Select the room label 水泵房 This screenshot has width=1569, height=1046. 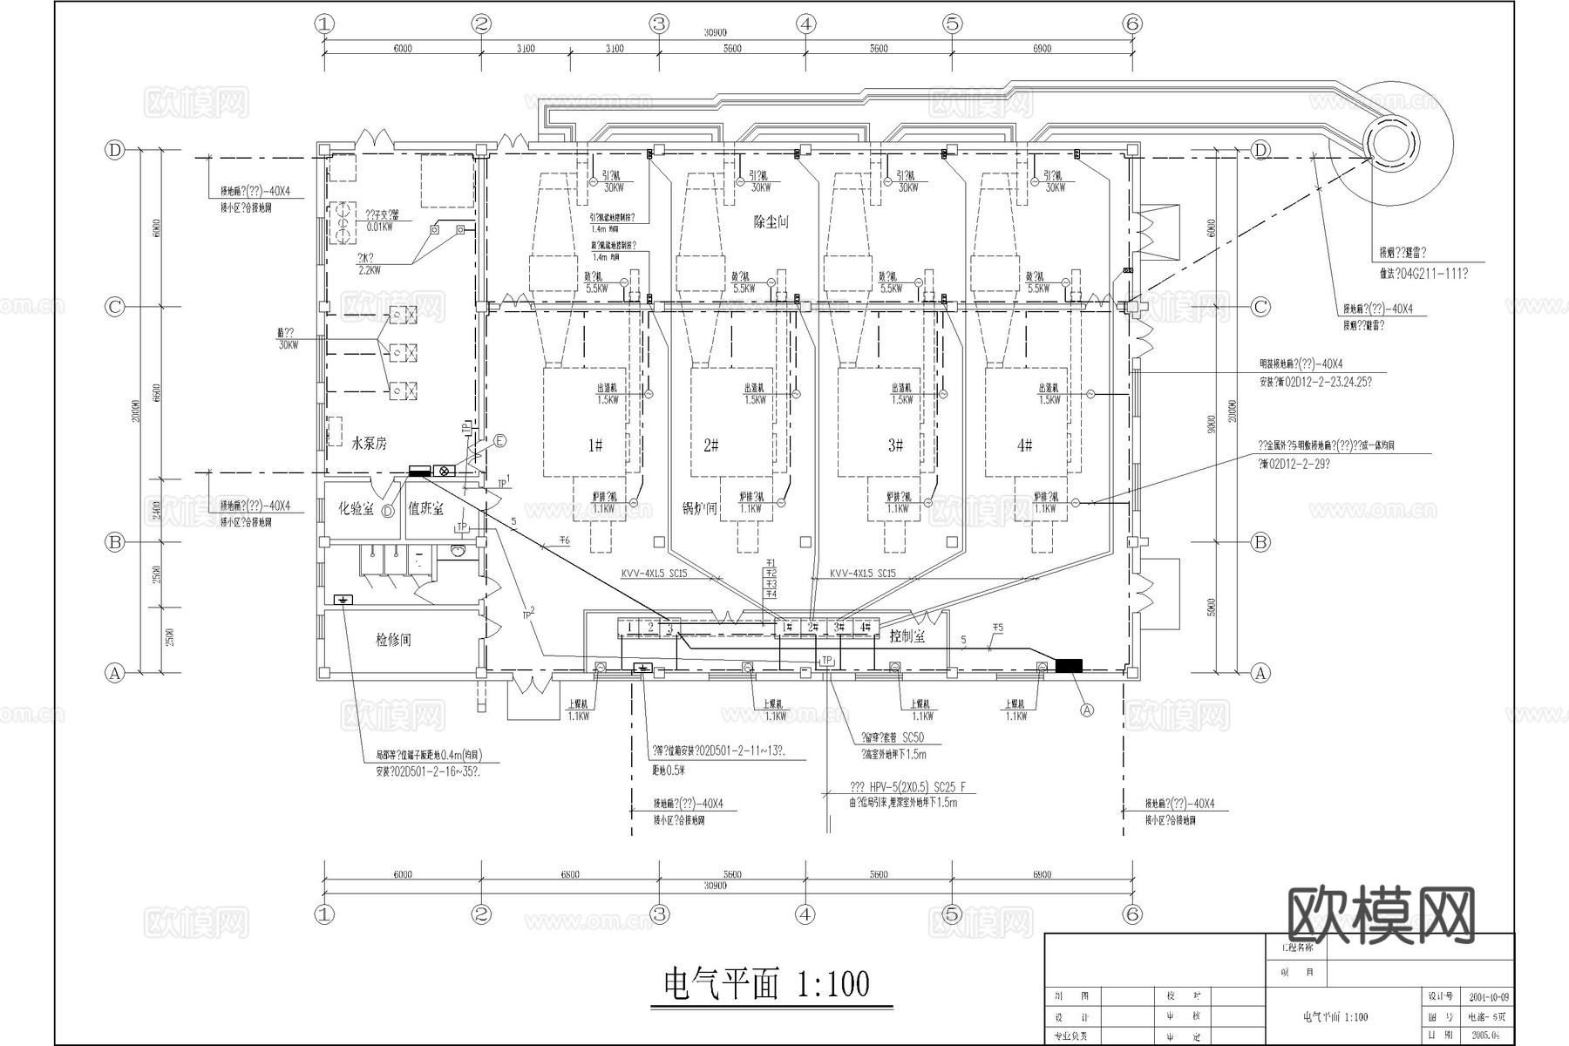point(369,444)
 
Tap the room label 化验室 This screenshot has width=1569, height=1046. point(356,508)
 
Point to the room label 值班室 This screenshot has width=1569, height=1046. point(425,508)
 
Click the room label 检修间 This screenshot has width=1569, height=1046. point(393,640)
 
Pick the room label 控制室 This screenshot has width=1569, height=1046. point(907,637)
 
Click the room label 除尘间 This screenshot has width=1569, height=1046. point(771,222)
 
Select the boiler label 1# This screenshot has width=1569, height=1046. point(594,445)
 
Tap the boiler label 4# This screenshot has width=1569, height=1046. point(1025,445)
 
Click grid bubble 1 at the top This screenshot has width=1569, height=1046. point(324,24)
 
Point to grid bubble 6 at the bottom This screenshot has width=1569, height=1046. point(1132,914)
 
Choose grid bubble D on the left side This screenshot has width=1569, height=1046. point(115,150)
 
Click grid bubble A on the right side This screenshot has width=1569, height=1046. point(1260,673)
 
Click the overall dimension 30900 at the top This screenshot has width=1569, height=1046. point(715,33)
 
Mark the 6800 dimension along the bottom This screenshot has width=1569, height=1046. point(569,874)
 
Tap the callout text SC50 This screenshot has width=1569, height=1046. point(913,738)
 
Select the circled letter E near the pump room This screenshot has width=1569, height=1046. point(499,441)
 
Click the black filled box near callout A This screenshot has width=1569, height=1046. point(1069,666)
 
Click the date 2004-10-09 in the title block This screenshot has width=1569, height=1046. point(1489,997)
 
